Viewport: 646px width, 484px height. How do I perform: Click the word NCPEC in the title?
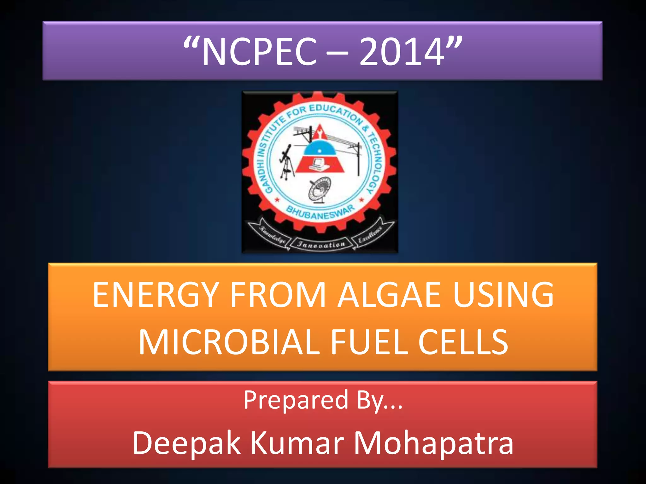259,51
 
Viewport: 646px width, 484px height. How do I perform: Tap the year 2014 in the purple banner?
402,51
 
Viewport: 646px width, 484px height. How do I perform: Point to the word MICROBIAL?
229,342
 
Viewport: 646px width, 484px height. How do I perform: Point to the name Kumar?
297,443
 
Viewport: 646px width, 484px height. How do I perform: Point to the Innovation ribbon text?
321,245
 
